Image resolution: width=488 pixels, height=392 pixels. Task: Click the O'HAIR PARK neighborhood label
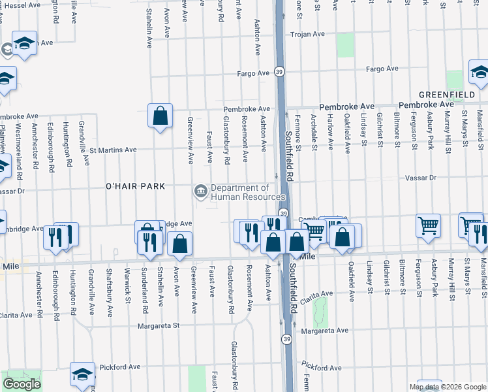pyautogui.click(x=135, y=187)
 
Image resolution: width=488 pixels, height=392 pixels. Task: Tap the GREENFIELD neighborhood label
pyautogui.click(x=446, y=95)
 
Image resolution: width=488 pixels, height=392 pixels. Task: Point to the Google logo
pyautogui.click(x=22, y=384)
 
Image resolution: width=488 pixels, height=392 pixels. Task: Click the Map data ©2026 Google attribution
pyautogui.click(x=448, y=387)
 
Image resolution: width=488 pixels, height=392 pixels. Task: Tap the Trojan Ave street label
pyautogui.click(x=307, y=34)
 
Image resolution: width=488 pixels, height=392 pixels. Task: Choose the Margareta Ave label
pyautogui.click(x=324, y=331)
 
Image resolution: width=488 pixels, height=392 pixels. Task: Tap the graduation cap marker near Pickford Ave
pyautogui.click(x=83, y=374)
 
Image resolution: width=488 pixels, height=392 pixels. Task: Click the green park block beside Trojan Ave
pyautogui.click(x=345, y=45)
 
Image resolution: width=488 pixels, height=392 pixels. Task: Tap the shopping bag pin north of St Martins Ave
pyautogui.click(x=160, y=116)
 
